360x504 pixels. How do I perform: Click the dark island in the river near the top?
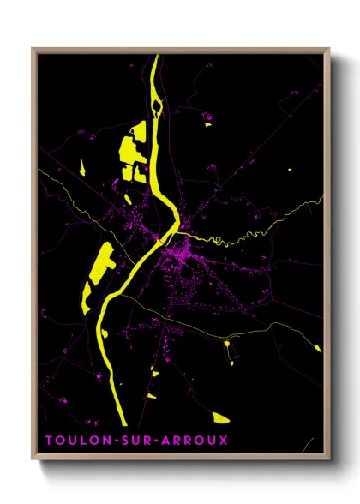point(156,107)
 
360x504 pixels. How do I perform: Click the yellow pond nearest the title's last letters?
point(220,418)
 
